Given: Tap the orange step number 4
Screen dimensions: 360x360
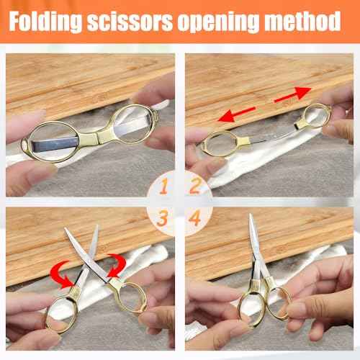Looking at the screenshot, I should (195, 217).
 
